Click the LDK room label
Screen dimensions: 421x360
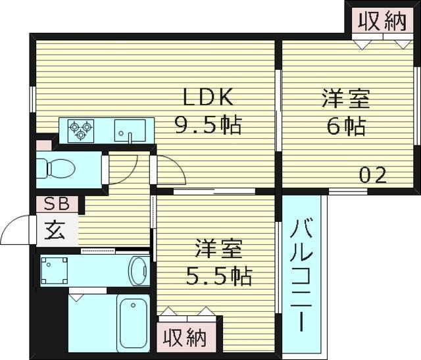tap(208, 97)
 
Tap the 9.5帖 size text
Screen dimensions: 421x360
tap(208, 125)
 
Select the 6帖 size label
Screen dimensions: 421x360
tap(346, 126)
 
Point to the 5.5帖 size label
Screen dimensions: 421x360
tap(219, 276)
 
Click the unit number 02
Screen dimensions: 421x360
tap(373, 175)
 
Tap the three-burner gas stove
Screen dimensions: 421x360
tap(81, 130)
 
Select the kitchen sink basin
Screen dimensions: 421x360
tap(130, 130)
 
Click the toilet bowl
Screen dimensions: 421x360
tap(56, 168)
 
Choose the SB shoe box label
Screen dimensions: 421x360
tap(57, 203)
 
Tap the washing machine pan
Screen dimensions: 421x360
tap(54, 270)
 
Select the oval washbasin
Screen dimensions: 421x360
tap(139, 270)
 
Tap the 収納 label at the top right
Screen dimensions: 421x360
tap(383, 21)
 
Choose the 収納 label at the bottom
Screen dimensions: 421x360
tap(186, 338)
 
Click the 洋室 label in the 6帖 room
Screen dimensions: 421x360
tap(346, 99)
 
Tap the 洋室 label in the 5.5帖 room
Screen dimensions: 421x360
tap(219, 249)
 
